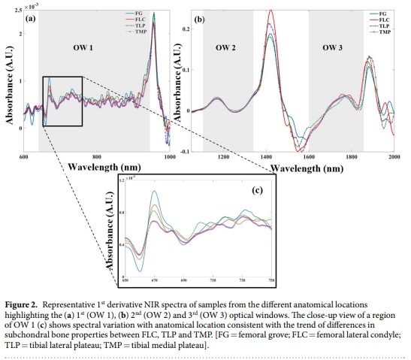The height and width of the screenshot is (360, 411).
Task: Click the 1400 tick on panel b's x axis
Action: (266, 158)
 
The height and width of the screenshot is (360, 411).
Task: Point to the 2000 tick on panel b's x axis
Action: (394, 158)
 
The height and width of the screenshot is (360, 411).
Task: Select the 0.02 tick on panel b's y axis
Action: (188, 29)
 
